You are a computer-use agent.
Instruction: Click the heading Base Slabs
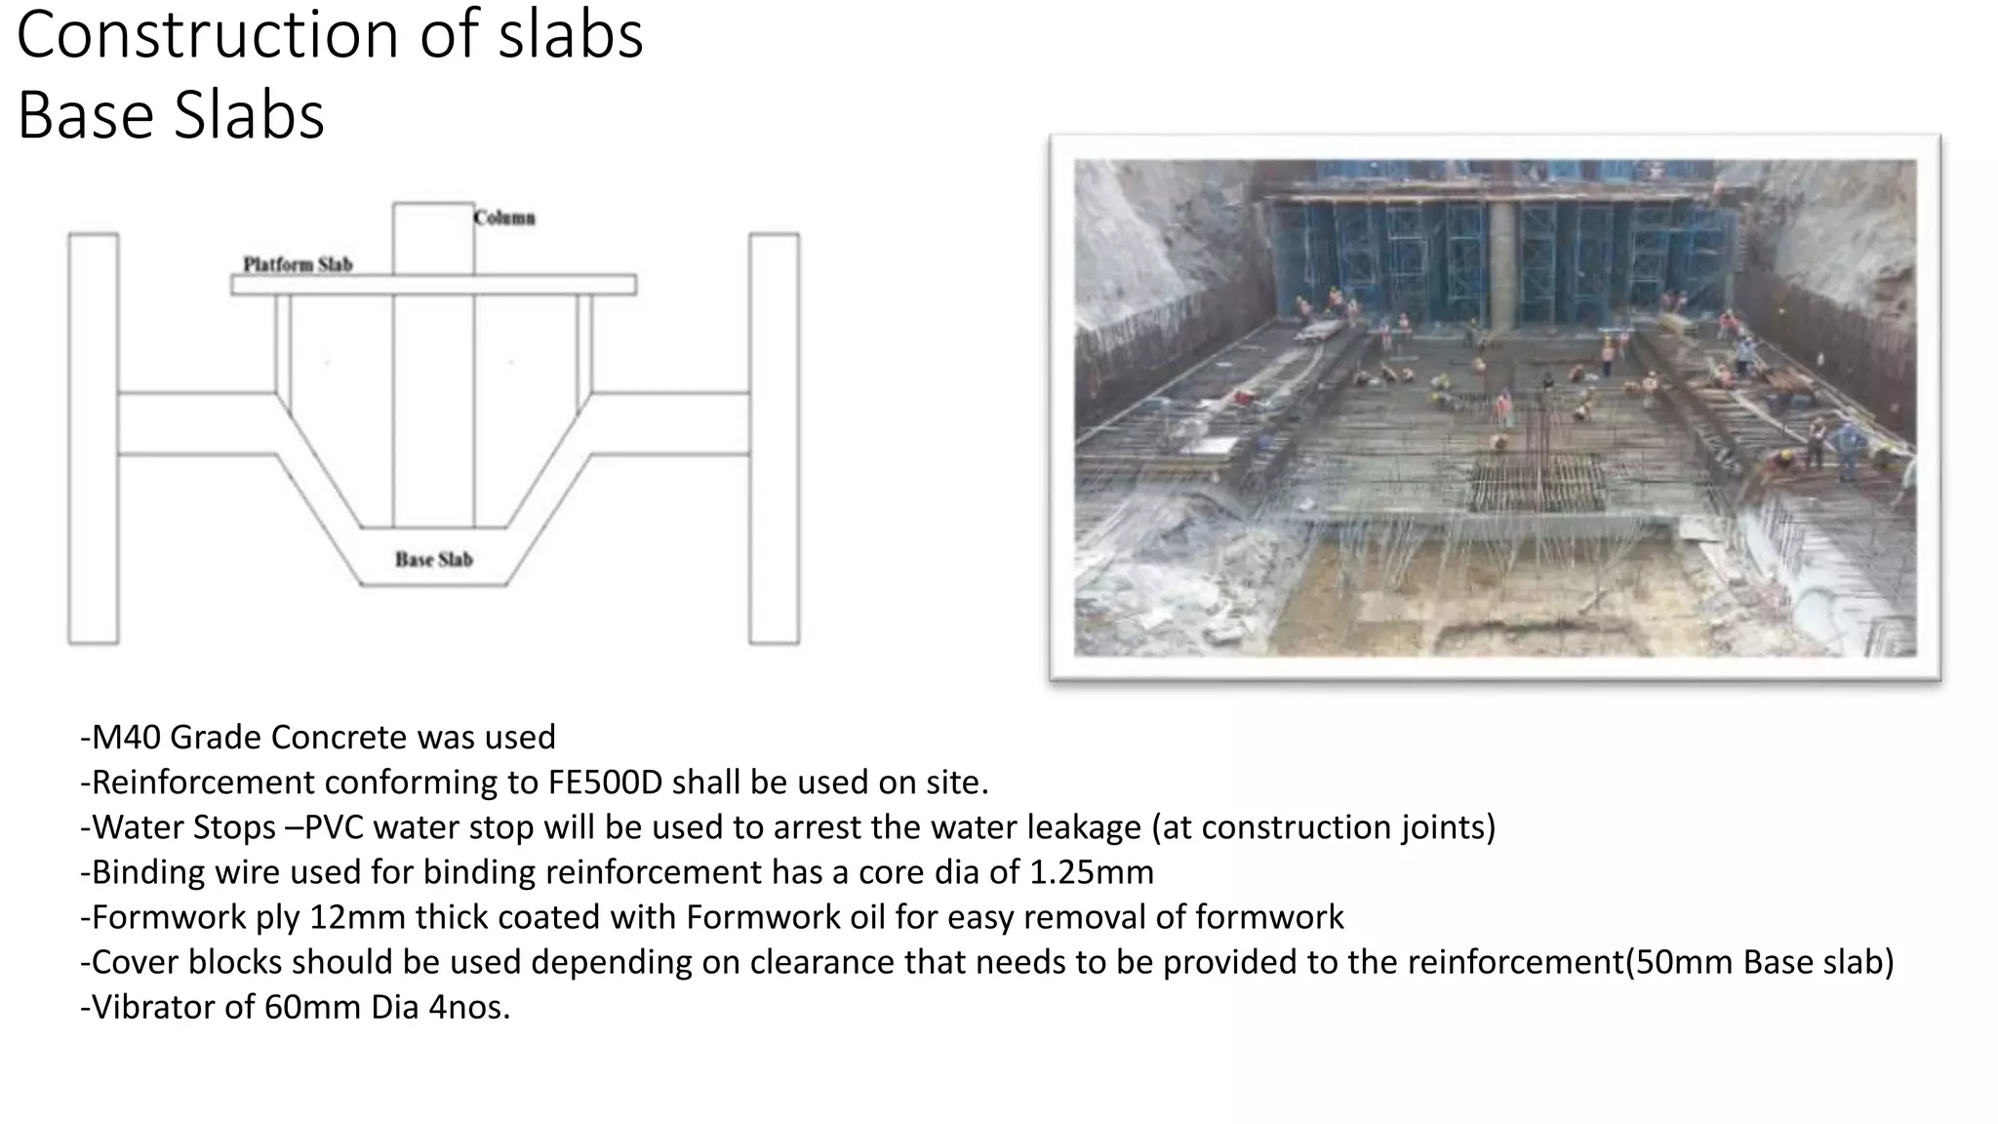[171, 115]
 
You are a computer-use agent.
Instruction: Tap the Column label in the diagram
[504, 218]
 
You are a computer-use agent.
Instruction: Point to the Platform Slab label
[298, 264]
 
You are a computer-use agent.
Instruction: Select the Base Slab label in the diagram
[434, 559]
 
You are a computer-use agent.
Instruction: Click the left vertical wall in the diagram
[94, 439]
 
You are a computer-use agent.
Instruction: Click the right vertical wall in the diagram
[775, 439]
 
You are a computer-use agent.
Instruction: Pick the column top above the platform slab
[433, 238]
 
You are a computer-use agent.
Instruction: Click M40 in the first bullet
[126, 738]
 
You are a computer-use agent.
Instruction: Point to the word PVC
[334, 827]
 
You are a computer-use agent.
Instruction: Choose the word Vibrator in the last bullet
[153, 1007]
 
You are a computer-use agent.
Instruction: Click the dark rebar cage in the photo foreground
[1535, 484]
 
